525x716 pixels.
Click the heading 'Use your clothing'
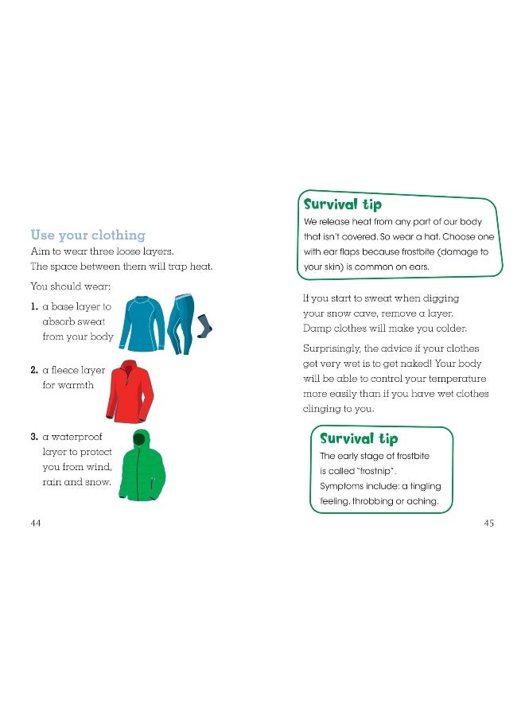87,235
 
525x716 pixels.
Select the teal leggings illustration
181,322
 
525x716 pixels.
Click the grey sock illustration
204,325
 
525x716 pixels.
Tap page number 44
35,523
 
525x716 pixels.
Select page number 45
488,523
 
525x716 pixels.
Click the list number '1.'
34,305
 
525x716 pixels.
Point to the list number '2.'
34,370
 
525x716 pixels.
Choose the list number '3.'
34,437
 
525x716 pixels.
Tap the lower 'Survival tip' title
358,438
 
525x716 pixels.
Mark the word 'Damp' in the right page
317,329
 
